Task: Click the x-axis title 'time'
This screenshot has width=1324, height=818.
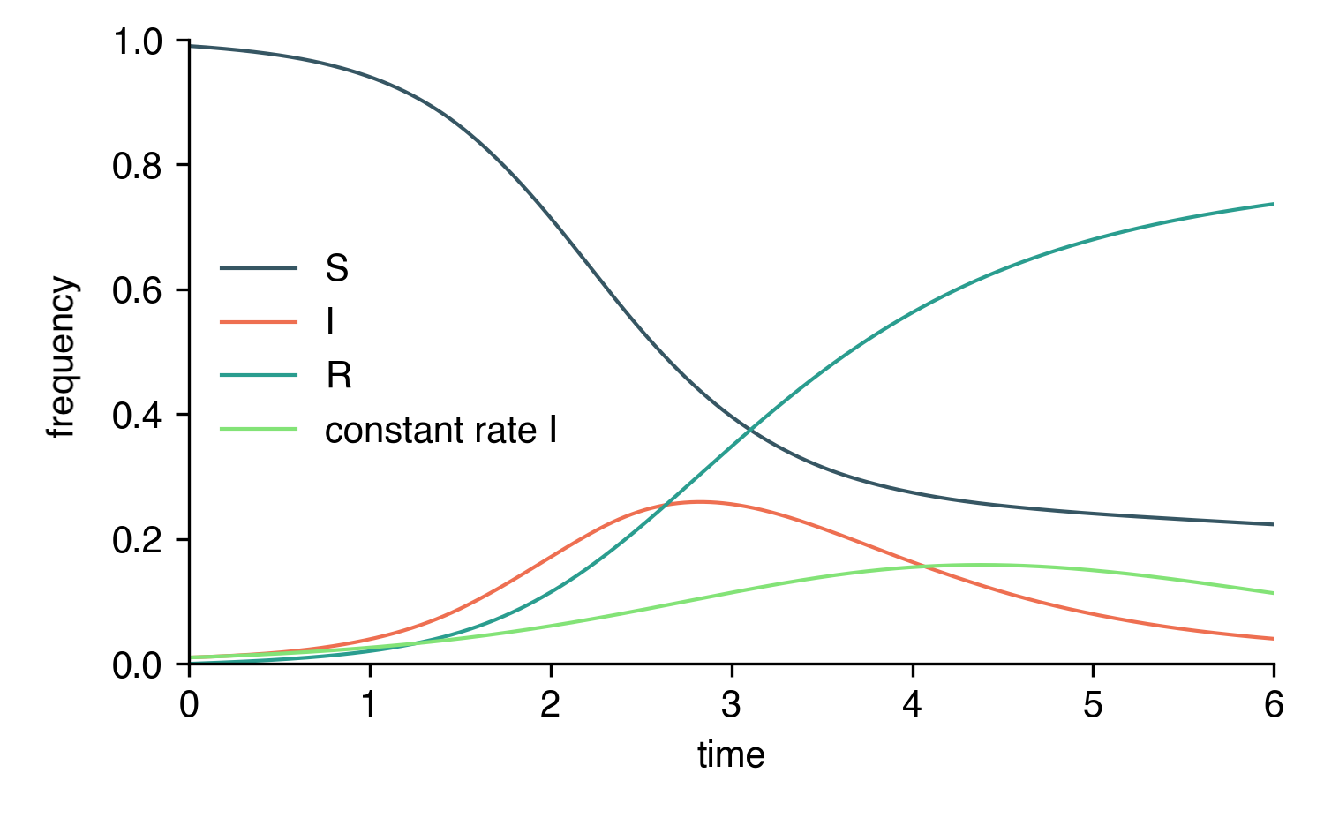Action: [731, 755]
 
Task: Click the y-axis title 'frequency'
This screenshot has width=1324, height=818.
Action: [63, 356]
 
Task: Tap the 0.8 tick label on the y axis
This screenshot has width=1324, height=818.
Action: [138, 166]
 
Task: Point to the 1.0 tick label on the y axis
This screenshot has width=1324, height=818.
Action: [138, 41]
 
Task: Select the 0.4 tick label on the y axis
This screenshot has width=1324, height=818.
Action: [138, 416]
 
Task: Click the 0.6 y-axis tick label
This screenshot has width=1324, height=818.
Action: [138, 290]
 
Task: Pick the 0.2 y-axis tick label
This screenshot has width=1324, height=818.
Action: [138, 540]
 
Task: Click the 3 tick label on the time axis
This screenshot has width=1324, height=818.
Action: [731, 705]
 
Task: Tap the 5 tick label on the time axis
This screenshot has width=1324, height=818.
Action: [1093, 705]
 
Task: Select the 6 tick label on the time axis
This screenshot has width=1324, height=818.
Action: [1273, 705]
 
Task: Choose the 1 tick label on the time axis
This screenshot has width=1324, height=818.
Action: [370, 705]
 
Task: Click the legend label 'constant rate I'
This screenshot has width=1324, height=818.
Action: [440, 431]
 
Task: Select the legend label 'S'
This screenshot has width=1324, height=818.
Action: [336, 268]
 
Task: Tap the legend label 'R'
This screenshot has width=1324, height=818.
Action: [338, 376]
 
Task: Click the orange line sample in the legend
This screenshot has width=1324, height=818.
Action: [259, 322]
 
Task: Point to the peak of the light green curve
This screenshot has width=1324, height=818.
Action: [978, 565]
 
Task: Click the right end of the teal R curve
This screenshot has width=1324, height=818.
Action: [1273, 204]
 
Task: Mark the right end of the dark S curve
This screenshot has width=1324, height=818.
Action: [1273, 524]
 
